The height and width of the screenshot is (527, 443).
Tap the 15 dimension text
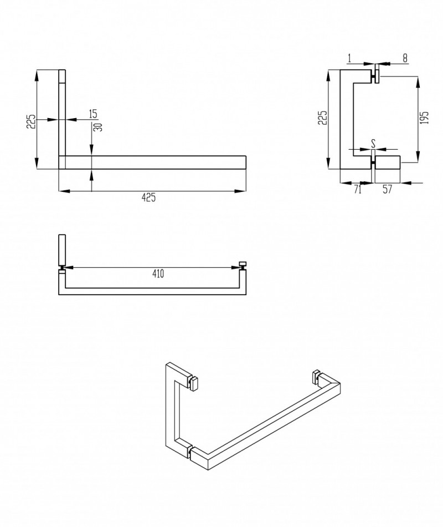tap(93, 114)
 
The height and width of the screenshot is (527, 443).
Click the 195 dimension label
tap(425, 118)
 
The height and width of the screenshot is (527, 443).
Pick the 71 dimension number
tap(357, 189)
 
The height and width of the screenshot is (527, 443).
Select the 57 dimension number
tap(387, 189)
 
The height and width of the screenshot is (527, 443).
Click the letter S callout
tap(374, 143)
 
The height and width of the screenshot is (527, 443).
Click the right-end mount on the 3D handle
tap(317, 376)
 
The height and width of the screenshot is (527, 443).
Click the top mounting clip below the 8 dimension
tap(377, 74)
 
